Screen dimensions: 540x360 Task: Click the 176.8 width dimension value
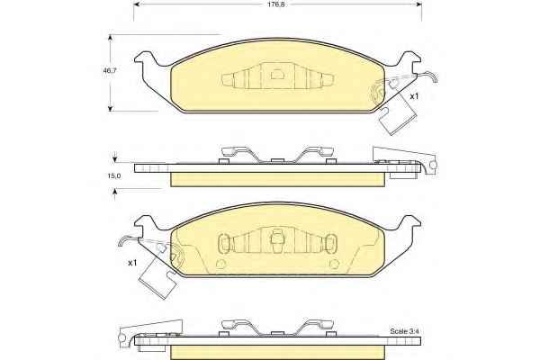[277, 4]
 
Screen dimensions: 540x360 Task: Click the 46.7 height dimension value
[110, 71]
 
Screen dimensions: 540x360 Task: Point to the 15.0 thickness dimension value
[114, 175]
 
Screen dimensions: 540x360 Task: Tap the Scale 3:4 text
[404, 331]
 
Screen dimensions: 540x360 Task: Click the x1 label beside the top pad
[414, 96]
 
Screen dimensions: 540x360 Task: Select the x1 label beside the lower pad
[132, 263]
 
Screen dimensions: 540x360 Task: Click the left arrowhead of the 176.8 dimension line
[137, 4]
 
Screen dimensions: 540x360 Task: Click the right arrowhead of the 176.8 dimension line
[419, 4]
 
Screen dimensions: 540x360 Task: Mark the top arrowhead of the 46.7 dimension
[110, 38]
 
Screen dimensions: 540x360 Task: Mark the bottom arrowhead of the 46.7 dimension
[110, 108]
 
